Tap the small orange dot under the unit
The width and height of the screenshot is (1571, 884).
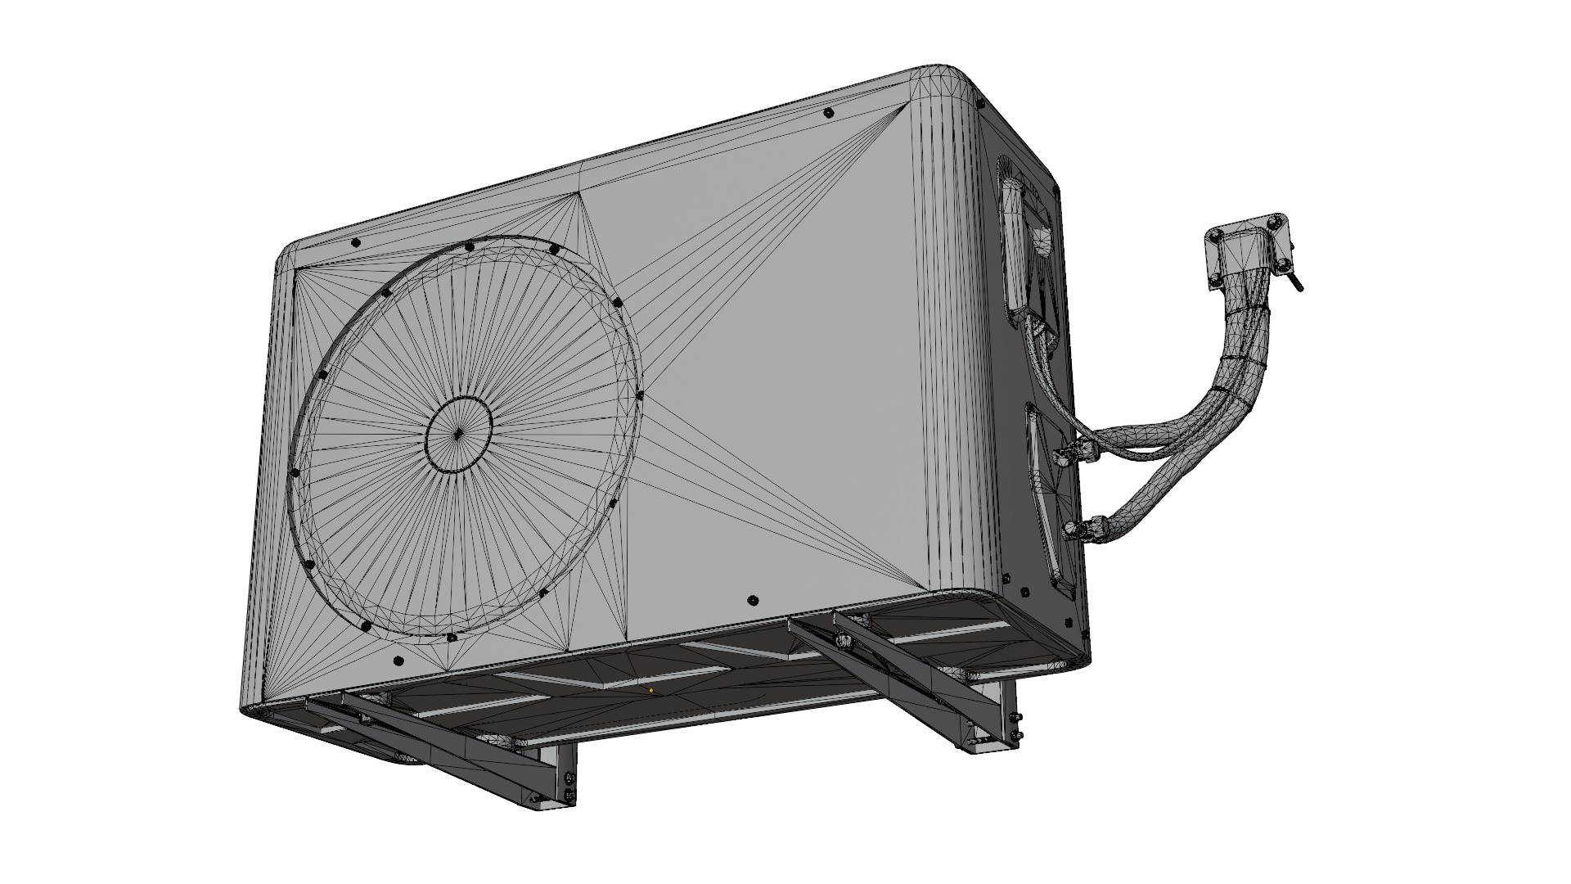(651, 690)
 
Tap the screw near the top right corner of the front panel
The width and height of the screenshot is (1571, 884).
(829, 112)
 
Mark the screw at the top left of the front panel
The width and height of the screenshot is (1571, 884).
(355, 243)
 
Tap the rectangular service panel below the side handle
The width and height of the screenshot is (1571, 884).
(1056, 499)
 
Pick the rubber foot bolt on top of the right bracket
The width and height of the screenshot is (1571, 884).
(842, 636)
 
